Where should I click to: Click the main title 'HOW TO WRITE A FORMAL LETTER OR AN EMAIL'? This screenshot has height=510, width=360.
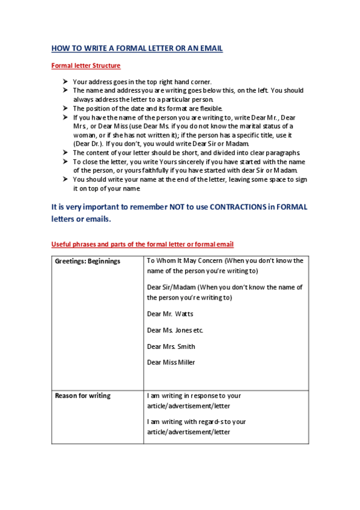pyautogui.click(x=137, y=49)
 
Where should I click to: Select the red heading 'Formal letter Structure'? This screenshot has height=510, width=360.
pyautogui.click(x=86, y=66)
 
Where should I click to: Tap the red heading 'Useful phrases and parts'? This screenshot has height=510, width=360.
pyautogui.click(x=142, y=244)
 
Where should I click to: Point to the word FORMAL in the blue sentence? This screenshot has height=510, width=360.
pyautogui.click(x=291, y=207)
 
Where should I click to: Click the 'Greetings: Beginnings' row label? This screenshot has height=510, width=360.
pyautogui.click(x=88, y=261)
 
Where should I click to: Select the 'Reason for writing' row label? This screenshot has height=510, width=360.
pyautogui.click(x=83, y=396)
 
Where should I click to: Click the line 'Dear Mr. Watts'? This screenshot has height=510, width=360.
pyautogui.click(x=170, y=314)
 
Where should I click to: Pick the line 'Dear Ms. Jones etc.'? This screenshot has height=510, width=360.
pyautogui.click(x=175, y=330)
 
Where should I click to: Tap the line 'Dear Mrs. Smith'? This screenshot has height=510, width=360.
pyautogui.click(x=171, y=346)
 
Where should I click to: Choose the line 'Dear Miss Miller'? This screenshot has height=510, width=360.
pyautogui.click(x=171, y=363)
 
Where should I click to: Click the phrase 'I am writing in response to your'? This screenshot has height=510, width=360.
pyautogui.click(x=194, y=396)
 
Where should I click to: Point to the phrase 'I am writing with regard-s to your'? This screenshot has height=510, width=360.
pyautogui.click(x=197, y=422)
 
